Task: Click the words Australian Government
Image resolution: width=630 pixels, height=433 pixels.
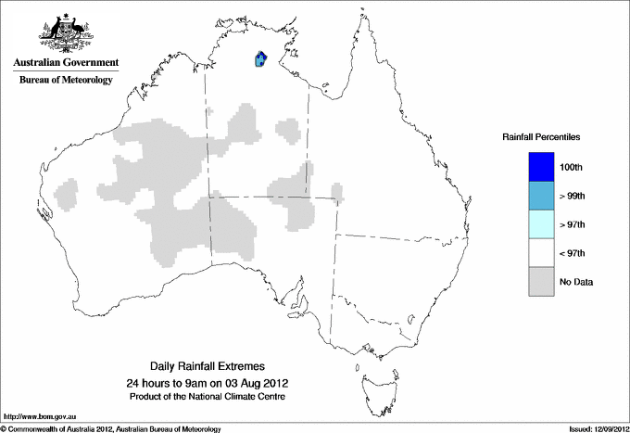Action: (65, 63)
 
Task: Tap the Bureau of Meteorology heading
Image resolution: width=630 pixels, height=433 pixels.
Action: (65, 81)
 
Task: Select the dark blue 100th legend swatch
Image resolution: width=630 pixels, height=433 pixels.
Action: (541, 167)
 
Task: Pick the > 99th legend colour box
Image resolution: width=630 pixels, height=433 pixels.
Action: (541, 196)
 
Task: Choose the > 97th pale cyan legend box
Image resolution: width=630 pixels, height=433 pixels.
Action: (541, 224)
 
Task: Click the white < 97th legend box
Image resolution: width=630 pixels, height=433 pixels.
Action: (541, 253)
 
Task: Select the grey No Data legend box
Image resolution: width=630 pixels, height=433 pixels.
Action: (541, 282)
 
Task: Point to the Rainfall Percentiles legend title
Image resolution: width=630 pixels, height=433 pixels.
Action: (541, 137)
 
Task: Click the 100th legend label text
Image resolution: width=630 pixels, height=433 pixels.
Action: (573, 168)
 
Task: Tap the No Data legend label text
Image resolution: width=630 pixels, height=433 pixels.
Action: (576, 282)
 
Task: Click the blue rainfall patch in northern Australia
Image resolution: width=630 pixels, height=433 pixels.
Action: (260, 60)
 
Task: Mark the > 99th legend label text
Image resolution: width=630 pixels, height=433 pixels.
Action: (573, 197)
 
